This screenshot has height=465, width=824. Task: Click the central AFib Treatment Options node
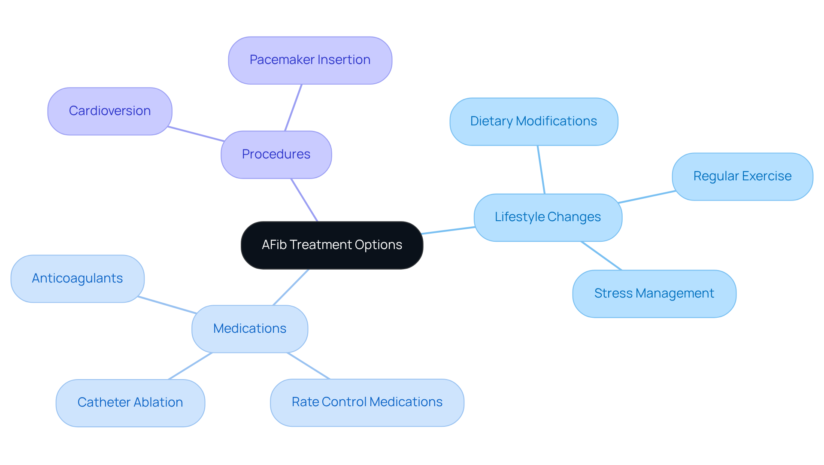332,245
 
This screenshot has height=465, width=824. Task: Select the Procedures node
276,155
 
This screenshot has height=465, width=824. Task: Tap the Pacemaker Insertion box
310,60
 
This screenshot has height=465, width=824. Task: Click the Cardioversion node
110,111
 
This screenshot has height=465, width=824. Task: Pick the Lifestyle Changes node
548,217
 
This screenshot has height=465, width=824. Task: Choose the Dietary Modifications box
533,122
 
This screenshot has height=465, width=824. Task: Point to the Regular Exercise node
742,176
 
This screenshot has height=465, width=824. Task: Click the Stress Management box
654,294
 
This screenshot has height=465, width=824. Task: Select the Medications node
250,329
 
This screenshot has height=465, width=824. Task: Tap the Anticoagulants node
77,279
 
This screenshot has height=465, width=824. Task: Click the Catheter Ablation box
130,403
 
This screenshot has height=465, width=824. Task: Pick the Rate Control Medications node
367,402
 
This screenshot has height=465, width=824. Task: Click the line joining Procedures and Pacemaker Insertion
294,107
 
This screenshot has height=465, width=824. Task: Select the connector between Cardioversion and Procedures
196,134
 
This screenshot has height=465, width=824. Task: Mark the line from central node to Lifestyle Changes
448,231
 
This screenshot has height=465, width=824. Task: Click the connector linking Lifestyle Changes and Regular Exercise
647,197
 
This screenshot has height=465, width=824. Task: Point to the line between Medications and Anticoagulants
167,305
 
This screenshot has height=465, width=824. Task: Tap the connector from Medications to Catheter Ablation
190,366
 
